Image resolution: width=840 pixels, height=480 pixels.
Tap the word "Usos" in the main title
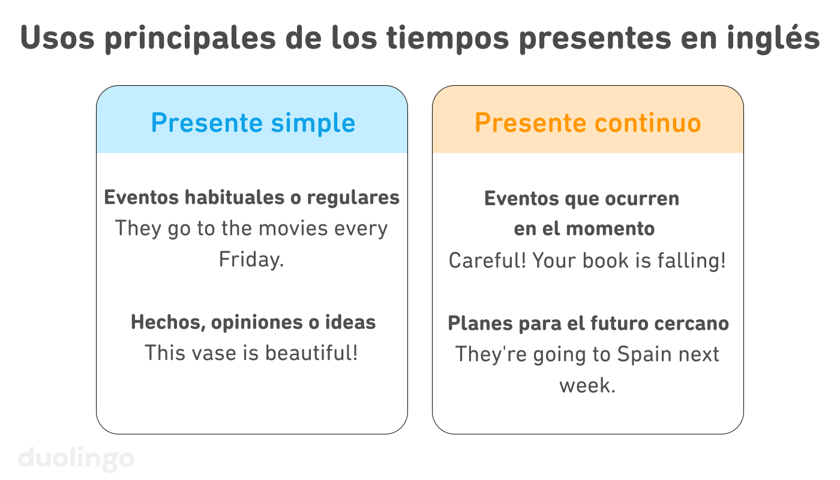[x=56, y=38]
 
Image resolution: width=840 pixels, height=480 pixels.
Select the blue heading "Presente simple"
[x=253, y=123]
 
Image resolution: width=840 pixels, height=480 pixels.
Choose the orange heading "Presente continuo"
[x=587, y=123]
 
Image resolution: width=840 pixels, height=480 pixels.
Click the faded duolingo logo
[x=76, y=458]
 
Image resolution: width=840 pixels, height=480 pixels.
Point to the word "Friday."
[x=251, y=260]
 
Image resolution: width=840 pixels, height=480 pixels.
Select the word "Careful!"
[x=487, y=260]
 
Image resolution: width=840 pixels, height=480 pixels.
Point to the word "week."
[x=587, y=385]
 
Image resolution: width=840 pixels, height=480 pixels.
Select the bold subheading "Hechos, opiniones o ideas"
[x=253, y=322]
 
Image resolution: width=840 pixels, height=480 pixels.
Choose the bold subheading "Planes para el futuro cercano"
[x=588, y=323]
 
